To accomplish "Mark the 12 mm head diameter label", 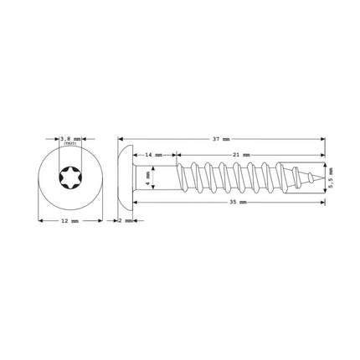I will [70, 220].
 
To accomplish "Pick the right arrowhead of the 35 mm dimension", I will [323, 203].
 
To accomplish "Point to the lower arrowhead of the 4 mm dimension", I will [143, 189].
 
